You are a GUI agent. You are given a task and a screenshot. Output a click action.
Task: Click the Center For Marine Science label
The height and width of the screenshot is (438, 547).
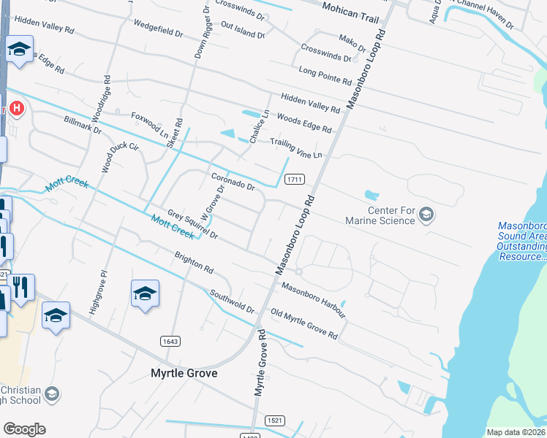point(391,216)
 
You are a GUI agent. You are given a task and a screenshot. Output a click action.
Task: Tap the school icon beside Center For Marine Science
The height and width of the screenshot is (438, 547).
point(427,215)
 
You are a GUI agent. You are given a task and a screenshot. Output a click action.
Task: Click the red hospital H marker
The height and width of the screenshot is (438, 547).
point(17,110)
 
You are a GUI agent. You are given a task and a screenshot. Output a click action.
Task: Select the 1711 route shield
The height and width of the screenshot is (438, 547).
point(295,179)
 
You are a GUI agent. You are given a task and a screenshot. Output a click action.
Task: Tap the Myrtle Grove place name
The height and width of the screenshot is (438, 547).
point(184,373)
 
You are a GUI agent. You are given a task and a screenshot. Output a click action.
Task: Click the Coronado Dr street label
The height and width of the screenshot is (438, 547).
point(233,182)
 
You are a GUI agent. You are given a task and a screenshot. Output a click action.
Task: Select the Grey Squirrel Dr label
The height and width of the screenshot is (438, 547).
point(193,225)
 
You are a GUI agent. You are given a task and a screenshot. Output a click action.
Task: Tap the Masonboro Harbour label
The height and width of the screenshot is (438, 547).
point(314,299)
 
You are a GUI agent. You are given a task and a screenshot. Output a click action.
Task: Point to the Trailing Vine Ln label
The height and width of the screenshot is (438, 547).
point(296,149)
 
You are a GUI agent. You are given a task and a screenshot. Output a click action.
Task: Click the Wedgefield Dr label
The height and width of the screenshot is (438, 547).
point(159,28)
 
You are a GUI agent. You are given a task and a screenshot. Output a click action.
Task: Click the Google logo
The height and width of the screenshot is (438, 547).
point(24,429)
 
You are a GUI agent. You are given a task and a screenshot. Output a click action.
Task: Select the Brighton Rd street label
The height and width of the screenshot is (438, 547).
point(193,264)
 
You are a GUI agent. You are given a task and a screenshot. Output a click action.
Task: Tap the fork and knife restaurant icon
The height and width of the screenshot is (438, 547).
point(22,288)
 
